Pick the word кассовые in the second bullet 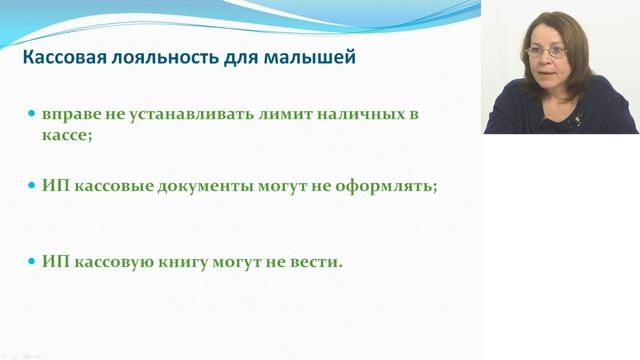(x=110, y=186)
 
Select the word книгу (x=182, y=261)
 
